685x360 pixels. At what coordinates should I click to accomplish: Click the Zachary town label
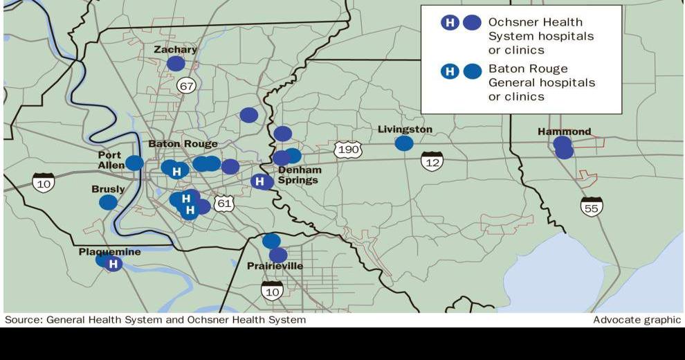pos(175,50)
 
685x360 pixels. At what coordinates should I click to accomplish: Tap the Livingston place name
pos(405,129)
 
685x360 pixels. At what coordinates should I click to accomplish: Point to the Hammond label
pos(564,132)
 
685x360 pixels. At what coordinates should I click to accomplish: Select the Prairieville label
pos(275,266)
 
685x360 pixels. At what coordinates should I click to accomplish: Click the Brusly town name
pos(108,189)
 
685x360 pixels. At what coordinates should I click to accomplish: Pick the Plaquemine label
pos(109,252)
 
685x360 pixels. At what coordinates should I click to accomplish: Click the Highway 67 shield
pos(185,85)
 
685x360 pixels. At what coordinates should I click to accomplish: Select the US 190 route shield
pos(347,149)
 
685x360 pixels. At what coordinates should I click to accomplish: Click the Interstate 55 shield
pos(592,206)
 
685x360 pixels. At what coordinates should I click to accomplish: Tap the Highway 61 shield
pos(223,203)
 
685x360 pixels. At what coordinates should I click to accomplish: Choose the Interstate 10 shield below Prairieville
pos(272,291)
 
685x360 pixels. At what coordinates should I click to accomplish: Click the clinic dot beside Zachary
pos(176,64)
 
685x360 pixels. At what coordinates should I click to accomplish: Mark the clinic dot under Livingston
pos(404,143)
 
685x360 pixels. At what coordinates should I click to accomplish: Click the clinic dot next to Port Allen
pos(134,163)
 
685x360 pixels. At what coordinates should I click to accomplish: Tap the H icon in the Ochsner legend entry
pos(450,23)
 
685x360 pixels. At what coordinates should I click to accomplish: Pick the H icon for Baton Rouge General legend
pos(450,71)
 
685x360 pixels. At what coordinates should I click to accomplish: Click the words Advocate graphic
pos(637,320)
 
